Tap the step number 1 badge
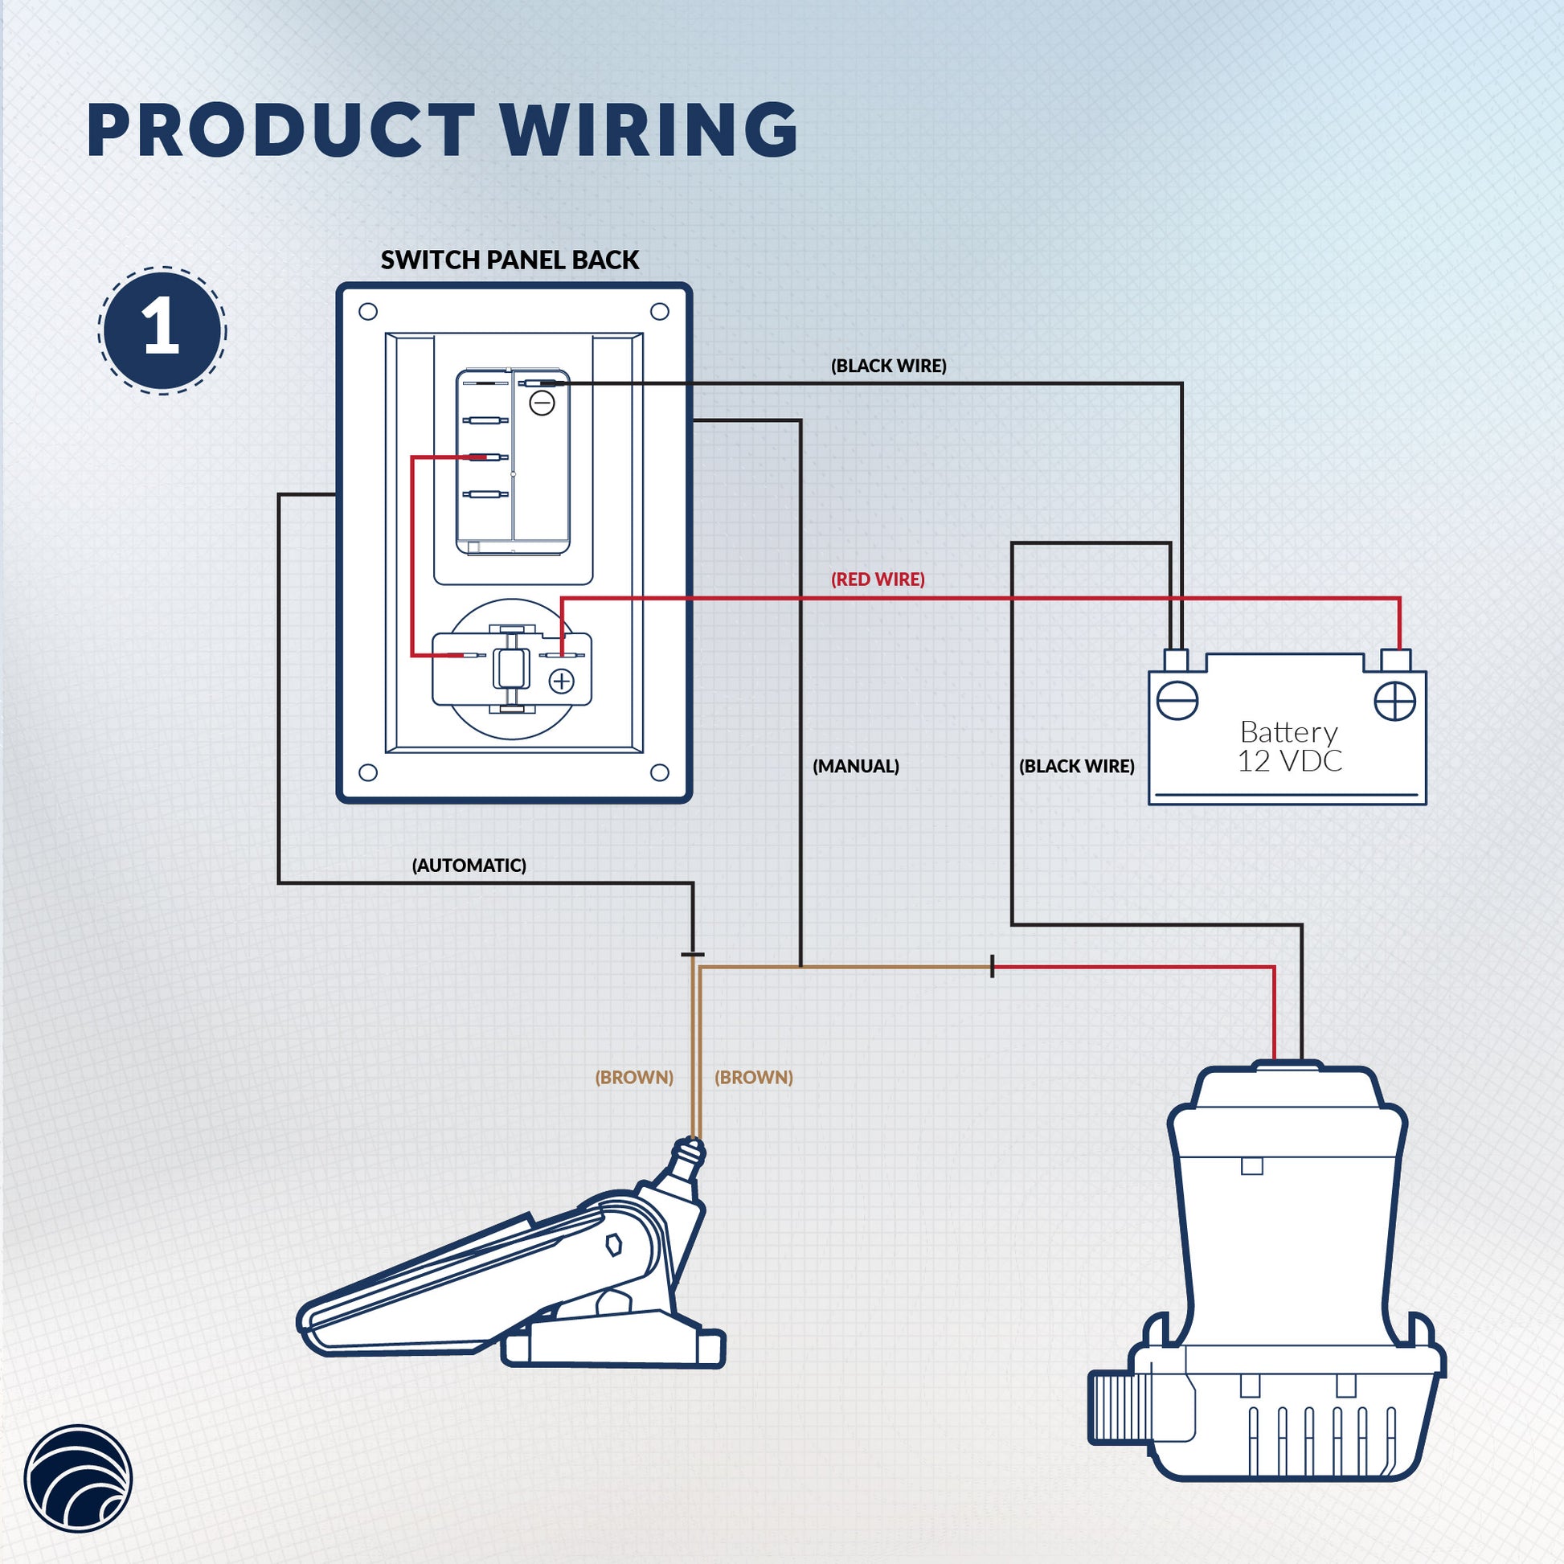(162, 330)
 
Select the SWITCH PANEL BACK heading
(510, 260)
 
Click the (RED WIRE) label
(878, 579)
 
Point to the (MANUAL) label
(856, 766)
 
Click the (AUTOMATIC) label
(469, 866)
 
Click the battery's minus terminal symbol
(1177, 700)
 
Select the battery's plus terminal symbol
(1394, 701)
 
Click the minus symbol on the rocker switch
(542, 403)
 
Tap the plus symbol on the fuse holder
(561, 682)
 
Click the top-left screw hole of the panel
(367, 312)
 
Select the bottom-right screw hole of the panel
(660, 772)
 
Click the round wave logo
(78, 1478)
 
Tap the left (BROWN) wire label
(634, 1078)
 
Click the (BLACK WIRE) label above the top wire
(888, 366)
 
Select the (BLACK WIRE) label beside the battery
(1076, 766)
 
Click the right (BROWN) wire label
(754, 1078)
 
